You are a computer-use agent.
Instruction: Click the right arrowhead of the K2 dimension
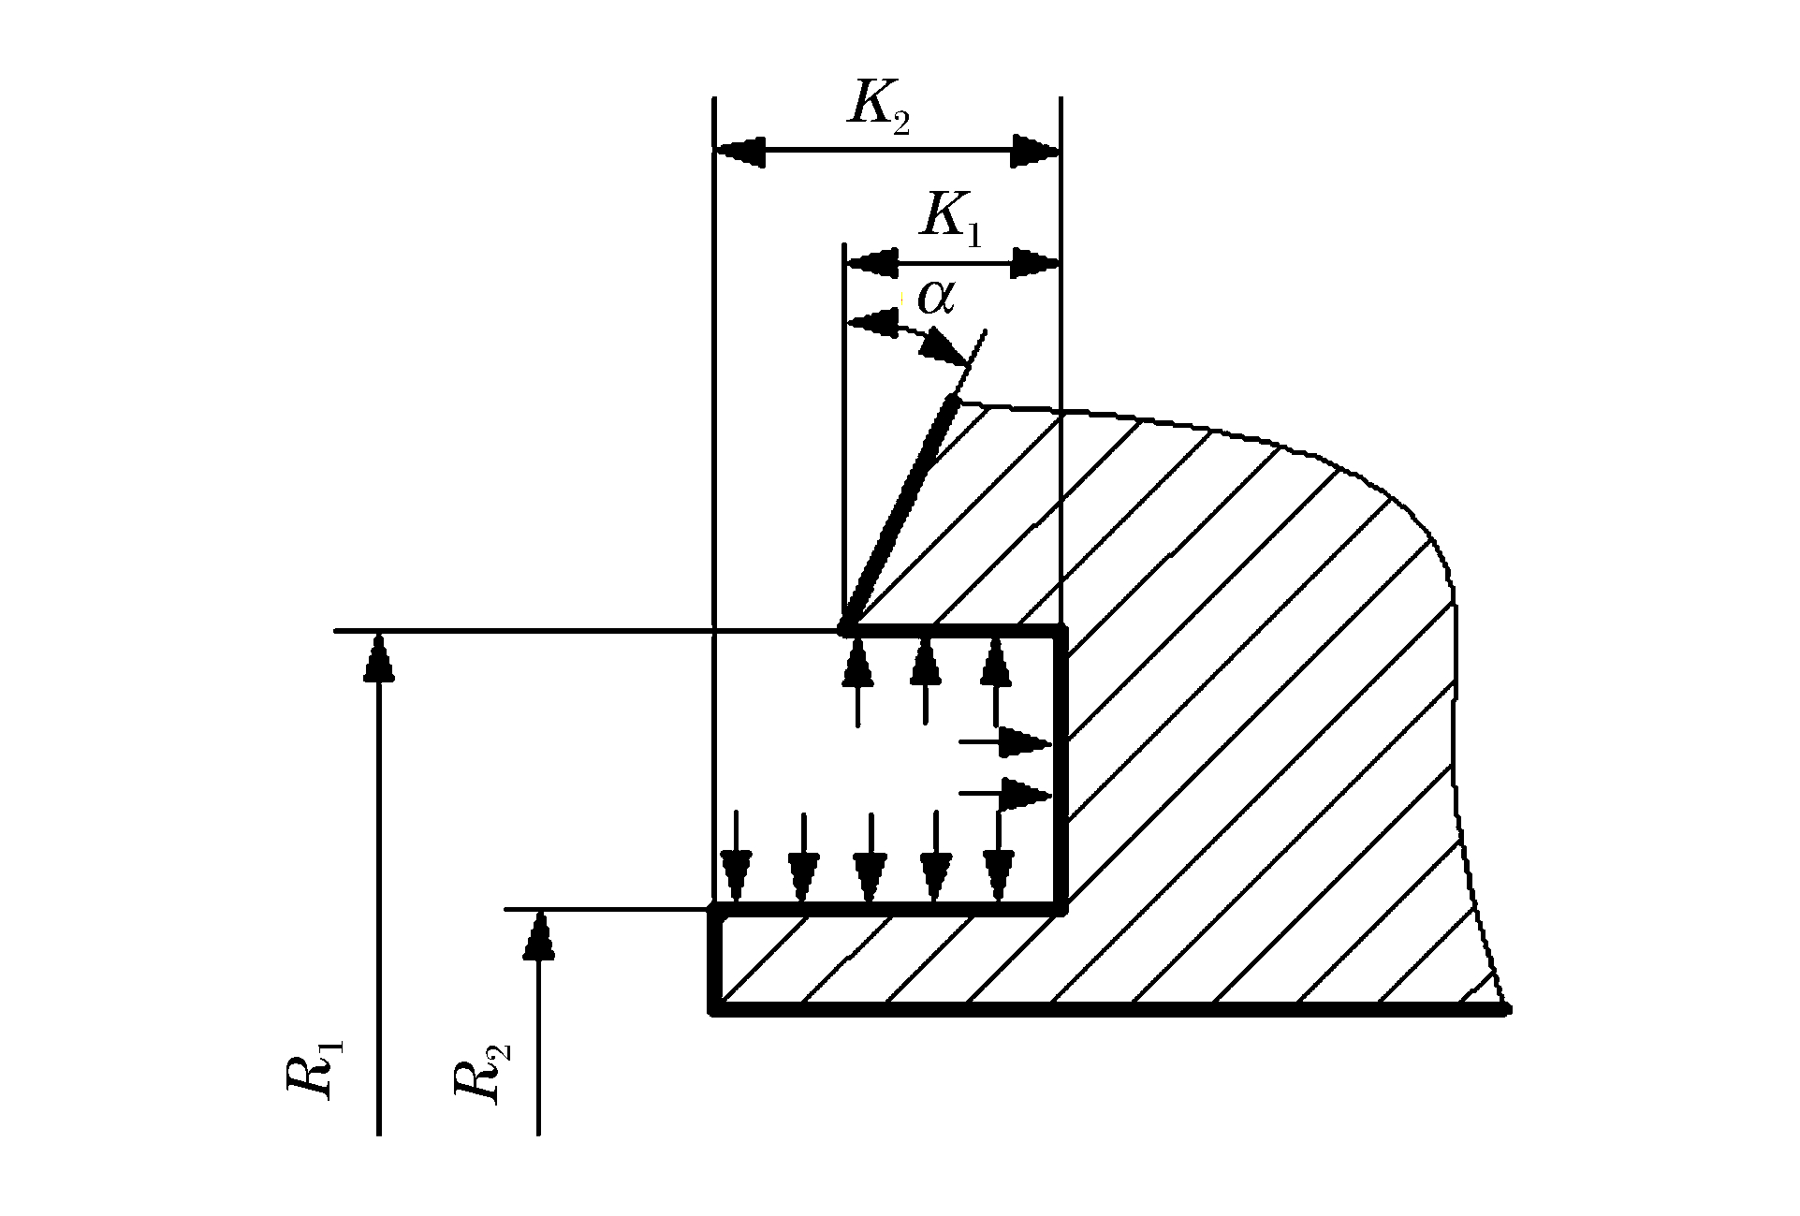[x=1034, y=150]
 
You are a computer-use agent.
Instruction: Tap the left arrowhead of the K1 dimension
[x=871, y=263]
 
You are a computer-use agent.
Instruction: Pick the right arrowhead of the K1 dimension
[x=1035, y=263]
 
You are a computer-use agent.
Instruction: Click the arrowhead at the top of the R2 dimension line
[x=538, y=936]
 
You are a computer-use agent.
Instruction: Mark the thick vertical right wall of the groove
[x=1061, y=768]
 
